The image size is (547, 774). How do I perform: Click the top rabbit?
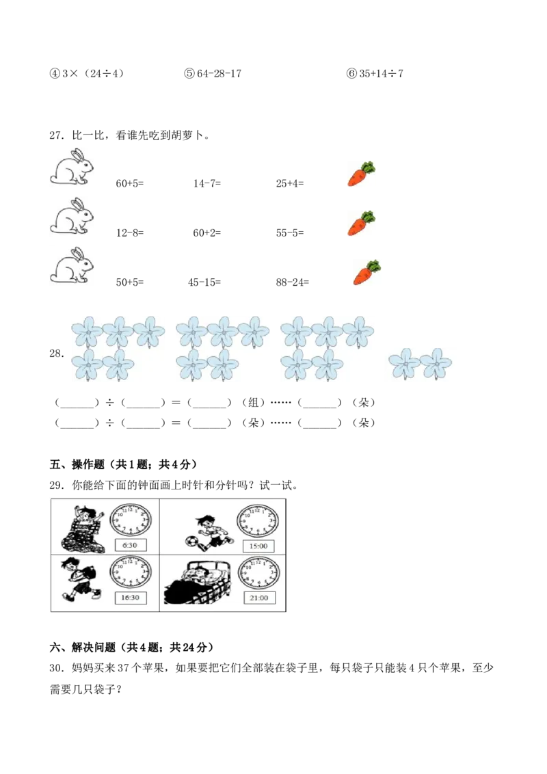(71, 167)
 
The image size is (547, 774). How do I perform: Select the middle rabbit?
(71, 217)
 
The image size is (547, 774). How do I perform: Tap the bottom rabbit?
(71, 266)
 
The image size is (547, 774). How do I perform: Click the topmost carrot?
(360, 174)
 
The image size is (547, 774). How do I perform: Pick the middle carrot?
(360, 223)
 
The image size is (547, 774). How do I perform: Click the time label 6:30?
(129, 546)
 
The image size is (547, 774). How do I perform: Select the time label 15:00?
(258, 546)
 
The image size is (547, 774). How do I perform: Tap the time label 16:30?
(129, 598)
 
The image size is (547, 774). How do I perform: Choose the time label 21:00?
(258, 598)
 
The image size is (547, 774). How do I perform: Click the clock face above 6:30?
(130, 521)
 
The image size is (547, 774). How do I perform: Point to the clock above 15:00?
(257, 521)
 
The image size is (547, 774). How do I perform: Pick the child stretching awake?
(84, 527)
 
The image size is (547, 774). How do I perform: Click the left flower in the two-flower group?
(405, 363)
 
